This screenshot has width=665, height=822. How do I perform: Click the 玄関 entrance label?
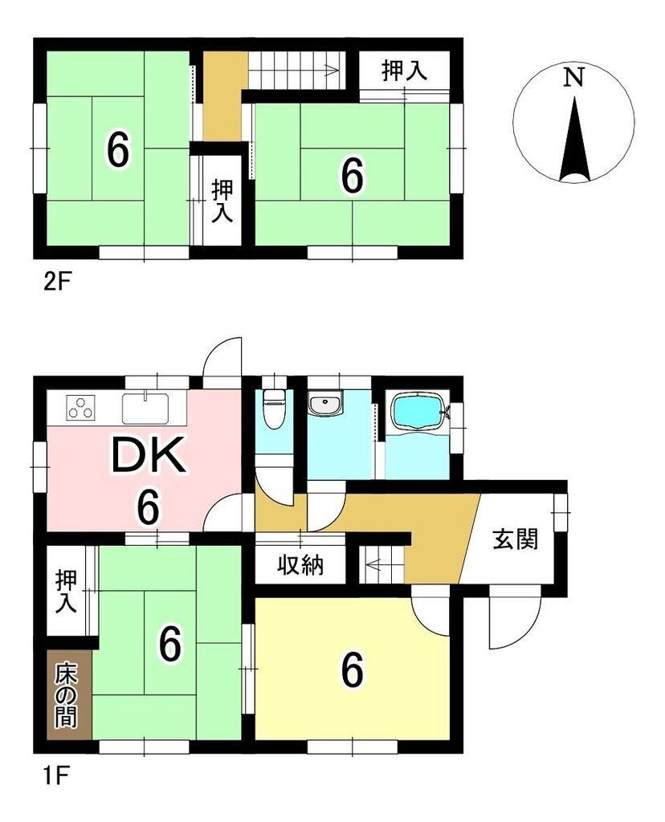pos(516,539)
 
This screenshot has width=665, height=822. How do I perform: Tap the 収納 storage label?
pos(300,565)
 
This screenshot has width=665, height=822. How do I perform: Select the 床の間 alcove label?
pos(67,695)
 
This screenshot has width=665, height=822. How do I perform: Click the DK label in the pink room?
pos(149,456)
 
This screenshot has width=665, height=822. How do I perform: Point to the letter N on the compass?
pos(573,78)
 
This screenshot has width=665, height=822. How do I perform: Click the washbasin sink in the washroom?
pos(325,405)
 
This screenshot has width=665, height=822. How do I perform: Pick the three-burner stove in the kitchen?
pos(81,409)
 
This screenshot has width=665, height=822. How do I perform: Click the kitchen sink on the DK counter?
pos(145,409)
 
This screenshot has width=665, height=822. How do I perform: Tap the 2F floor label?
pos(57,283)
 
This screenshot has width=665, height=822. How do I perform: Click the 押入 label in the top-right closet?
pos(404,71)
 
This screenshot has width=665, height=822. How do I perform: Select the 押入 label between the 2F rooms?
pos(222,201)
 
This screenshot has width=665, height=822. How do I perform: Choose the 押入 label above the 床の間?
pos(67,591)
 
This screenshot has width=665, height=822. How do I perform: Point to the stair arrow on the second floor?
pos(294,70)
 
